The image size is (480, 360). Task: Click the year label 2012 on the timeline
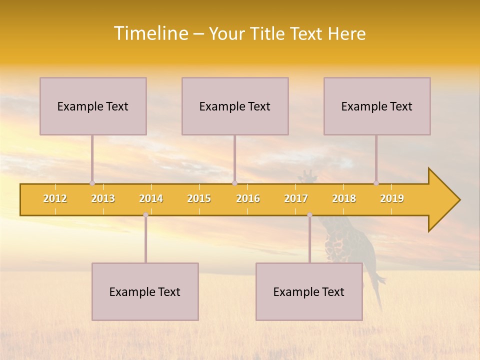(55, 198)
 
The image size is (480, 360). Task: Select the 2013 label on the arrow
(103, 198)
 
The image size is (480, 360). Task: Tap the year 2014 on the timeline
(151, 198)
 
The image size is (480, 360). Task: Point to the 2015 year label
(199, 198)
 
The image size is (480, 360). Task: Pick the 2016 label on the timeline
(248, 198)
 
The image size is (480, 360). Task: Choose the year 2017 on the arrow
(296, 198)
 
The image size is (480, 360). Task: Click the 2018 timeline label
(344, 198)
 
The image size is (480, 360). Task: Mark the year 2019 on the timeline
(392, 198)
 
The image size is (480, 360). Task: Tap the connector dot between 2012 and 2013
(92, 183)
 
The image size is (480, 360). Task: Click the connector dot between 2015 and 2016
(234, 183)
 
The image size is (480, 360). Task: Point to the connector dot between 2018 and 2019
(376, 183)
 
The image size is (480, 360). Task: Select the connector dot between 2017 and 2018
(309, 215)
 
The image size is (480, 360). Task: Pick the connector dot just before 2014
(145, 215)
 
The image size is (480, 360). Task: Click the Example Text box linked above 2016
(235, 106)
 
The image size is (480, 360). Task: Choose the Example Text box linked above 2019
(377, 106)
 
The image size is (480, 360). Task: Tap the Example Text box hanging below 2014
(145, 291)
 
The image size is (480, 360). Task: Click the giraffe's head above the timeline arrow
(307, 176)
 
